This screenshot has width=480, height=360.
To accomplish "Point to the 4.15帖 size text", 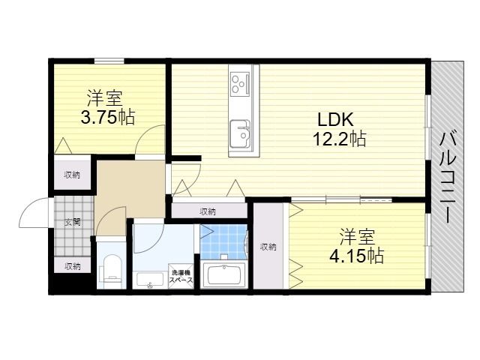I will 356,256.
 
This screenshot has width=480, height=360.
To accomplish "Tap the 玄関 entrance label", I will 72,221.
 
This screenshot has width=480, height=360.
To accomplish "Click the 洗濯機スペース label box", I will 183,276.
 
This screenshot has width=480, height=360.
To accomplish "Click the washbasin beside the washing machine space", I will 150,280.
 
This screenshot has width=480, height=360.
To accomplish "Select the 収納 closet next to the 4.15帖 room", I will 268,247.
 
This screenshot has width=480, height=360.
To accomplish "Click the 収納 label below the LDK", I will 208,211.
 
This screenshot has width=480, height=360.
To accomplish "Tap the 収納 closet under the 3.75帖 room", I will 72,175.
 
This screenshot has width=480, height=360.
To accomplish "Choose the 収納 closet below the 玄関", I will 72,266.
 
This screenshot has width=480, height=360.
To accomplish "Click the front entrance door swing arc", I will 34,213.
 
